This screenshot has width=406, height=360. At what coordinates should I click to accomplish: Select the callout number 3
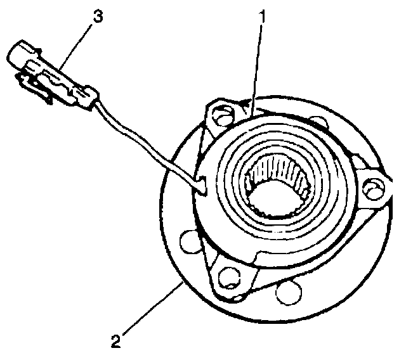pos(96,17)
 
